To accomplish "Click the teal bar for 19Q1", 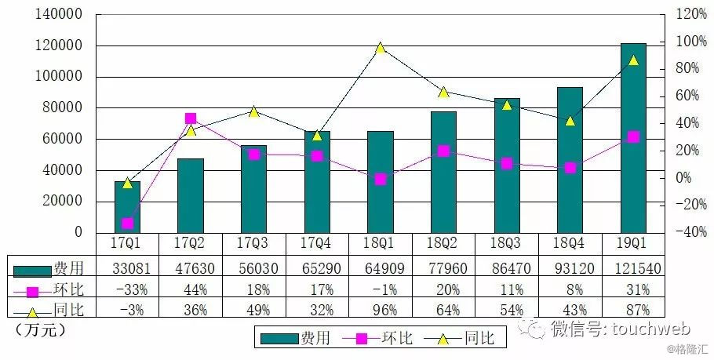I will tap(633, 137).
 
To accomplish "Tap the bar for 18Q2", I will tap(443, 172).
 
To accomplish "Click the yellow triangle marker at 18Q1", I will tap(380, 48).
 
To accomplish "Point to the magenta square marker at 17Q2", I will tap(191, 118).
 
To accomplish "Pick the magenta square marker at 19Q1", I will tap(633, 136).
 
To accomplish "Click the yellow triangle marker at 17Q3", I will tap(253, 111).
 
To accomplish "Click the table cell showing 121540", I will tap(633, 268).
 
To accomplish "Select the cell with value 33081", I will tap(127, 268).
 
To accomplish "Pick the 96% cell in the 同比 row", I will tap(380, 309).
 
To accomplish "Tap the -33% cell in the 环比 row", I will tap(127, 289).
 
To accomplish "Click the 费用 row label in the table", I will tap(67, 268).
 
